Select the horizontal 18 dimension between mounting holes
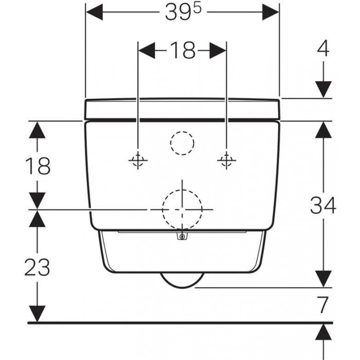[183, 50]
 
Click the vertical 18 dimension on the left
[38, 166]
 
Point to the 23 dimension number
[37, 267]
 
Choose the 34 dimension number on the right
[323, 206]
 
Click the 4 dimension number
[323, 49]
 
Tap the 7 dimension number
[323, 305]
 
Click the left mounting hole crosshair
[138, 160]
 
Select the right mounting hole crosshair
[227, 160]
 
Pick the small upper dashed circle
[182, 143]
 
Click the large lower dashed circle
[182, 209]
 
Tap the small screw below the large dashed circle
[182, 236]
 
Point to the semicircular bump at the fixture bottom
[182, 281]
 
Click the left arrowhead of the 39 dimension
[94, 12]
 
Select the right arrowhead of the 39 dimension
[271, 12]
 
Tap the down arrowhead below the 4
[323, 89]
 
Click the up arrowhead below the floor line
[323, 332]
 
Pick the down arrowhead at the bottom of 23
[37, 314]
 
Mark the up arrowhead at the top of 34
[323, 130]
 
